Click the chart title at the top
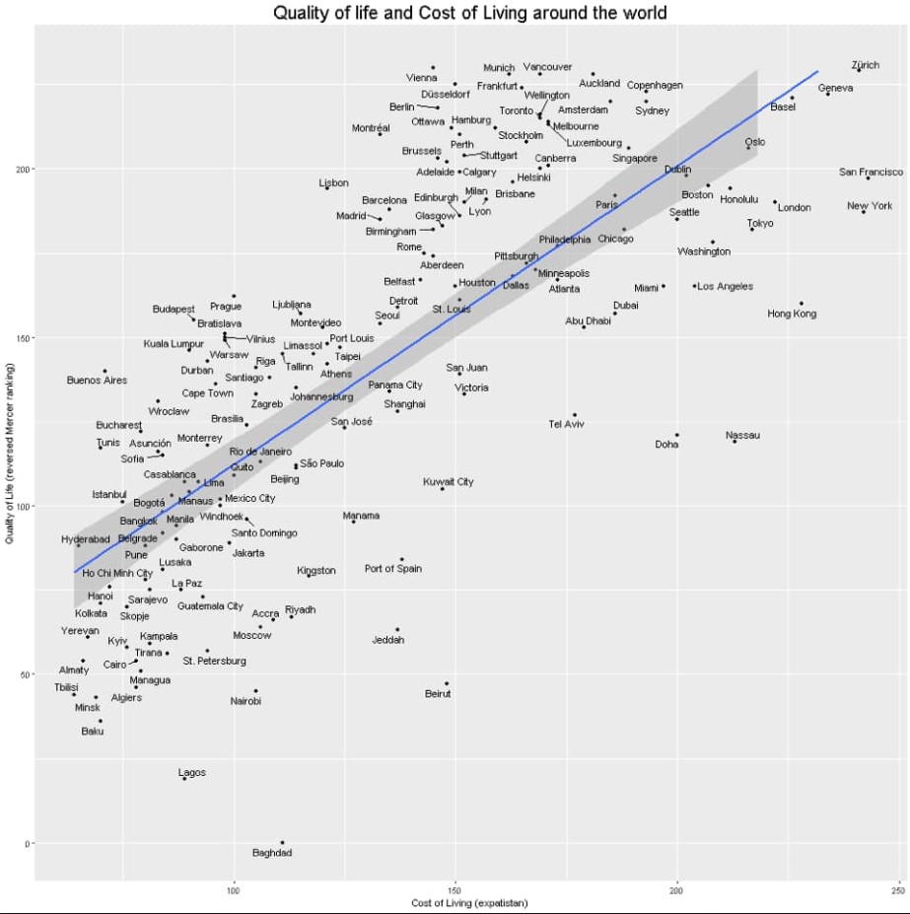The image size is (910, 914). (x=455, y=13)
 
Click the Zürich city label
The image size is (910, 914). (x=865, y=65)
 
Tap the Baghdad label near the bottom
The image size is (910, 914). (x=272, y=853)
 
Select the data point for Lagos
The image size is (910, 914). (x=184, y=779)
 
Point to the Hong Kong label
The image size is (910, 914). (x=792, y=314)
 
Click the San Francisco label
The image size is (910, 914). (x=871, y=172)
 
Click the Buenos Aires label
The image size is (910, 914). (x=97, y=380)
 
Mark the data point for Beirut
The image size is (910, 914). (x=447, y=683)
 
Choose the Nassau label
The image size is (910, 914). (x=742, y=435)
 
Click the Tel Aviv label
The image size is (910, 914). (x=566, y=424)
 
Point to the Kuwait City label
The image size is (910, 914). (x=448, y=482)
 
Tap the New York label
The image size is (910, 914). (x=869, y=205)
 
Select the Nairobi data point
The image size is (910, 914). (x=256, y=691)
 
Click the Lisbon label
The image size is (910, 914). (x=333, y=182)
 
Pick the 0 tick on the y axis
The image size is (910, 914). (x=27, y=843)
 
